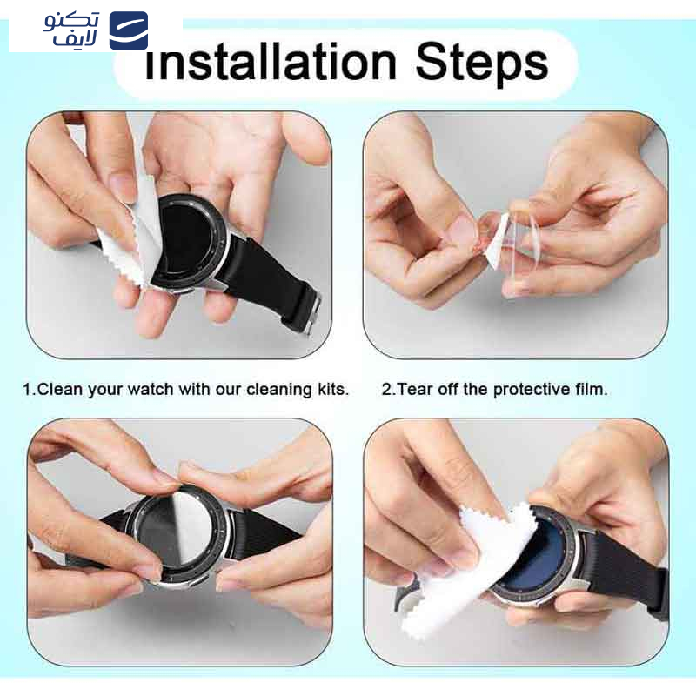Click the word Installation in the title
[271, 62]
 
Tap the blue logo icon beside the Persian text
[129, 30]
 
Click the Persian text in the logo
[71, 30]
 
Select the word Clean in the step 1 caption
[60, 389]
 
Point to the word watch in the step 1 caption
[150, 389]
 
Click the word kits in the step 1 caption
[333, 389]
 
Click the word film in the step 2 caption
[592, 389]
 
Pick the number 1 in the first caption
[28, 389]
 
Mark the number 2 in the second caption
[386, 389]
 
